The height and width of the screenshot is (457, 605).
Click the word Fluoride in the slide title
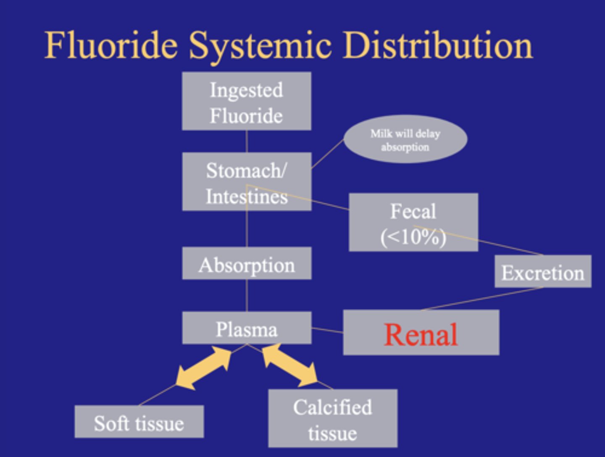[111, 45]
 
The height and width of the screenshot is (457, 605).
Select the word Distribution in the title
[438, 45]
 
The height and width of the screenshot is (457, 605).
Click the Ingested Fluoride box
[247, 101]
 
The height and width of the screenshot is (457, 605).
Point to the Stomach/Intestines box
[247, 181]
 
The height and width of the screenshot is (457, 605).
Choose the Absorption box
[247, 263]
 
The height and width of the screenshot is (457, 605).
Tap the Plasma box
[247, 328]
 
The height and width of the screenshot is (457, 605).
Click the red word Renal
[421, 334]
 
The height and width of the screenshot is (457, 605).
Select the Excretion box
[543, 271]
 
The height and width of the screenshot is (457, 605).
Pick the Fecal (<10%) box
[413, 222]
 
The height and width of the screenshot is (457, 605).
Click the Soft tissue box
[139, 421]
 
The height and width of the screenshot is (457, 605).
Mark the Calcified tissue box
[333, 418]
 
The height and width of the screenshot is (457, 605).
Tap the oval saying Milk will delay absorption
[405, 139]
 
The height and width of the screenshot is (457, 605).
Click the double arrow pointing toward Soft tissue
[203, 368]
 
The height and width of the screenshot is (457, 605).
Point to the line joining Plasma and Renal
[327, 330]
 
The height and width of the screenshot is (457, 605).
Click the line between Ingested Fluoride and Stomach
[247, 141]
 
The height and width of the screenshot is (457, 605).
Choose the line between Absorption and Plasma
[247, 296]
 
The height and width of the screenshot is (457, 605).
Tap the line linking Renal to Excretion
[482, 299]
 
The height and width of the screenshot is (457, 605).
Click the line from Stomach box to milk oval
[327, 154]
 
